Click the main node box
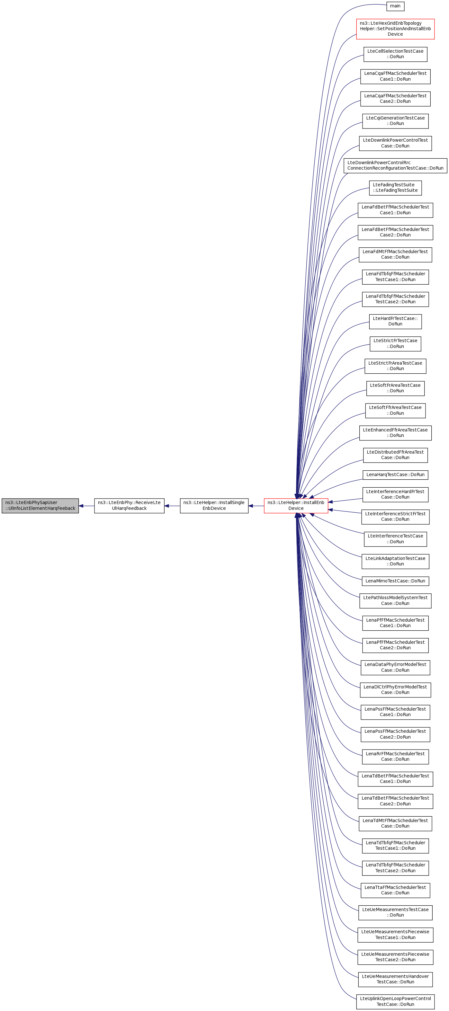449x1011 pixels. coord(395,6)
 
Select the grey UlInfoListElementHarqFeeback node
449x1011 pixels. coord(40,506)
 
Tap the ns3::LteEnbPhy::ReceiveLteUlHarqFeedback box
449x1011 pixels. coord(129,506)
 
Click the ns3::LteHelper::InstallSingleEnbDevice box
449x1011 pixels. coord(214,506)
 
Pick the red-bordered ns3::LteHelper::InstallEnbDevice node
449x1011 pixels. coord(296,506)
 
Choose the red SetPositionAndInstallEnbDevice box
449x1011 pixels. coord(395,29)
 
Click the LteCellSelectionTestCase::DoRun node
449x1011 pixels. coord(395,54)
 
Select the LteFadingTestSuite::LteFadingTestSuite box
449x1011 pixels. coord(395,188)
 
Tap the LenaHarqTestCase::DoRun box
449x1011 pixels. coord(395,475)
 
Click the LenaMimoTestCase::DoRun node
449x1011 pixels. coord(395,581)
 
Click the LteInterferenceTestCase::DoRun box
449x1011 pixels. coord(395,539)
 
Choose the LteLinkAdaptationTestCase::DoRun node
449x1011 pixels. coord(395,561)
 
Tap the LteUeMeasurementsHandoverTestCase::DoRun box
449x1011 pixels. coord(395,979)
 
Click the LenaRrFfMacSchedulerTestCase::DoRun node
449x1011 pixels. coord(395,756)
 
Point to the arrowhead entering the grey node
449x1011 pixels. coord(81,506)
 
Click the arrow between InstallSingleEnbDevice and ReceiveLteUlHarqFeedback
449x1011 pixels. coord(172,506)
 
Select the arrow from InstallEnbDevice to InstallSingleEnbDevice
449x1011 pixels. coord(256,506)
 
